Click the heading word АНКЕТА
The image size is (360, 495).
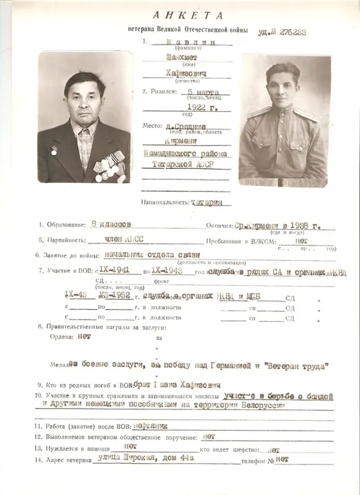(188, 15)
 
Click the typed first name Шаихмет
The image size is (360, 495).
(166, 59)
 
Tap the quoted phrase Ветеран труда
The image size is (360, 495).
(295, 366)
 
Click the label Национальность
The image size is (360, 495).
(165, 202)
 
